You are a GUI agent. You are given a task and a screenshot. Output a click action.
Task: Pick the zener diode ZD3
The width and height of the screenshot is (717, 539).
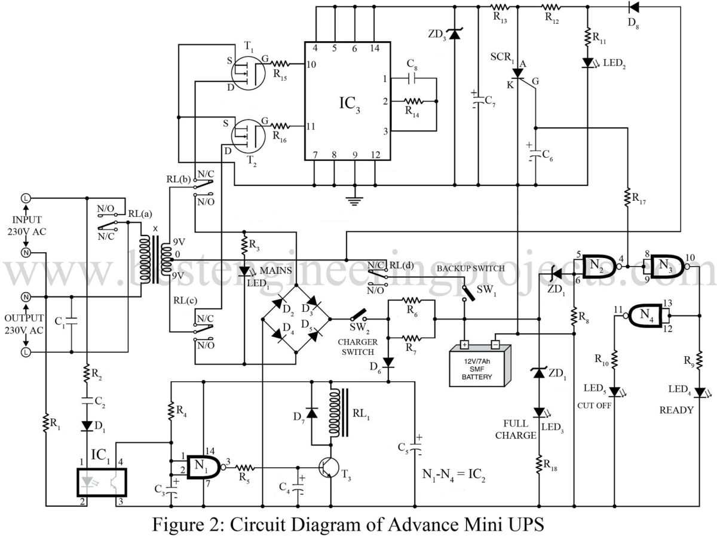[455, 35]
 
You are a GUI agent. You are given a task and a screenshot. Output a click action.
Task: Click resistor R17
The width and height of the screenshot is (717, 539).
[627, 197]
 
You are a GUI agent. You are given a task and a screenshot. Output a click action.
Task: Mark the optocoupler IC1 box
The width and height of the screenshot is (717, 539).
[102, 482]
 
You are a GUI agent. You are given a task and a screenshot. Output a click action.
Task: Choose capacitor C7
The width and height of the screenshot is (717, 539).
[479, 99]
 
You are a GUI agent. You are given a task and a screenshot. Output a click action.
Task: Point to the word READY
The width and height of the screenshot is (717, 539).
[676, 410]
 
